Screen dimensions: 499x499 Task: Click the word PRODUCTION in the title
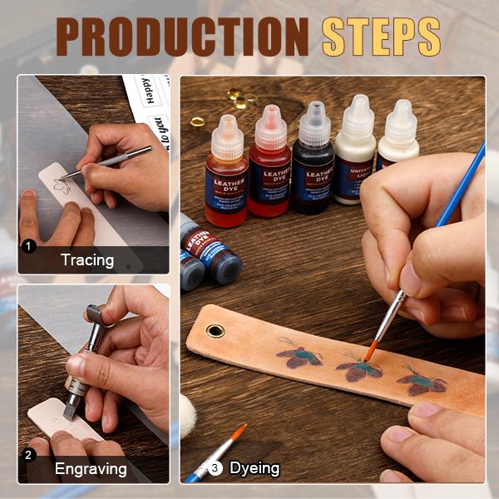[180, 37]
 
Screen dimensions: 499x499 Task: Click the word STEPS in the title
[381, 37]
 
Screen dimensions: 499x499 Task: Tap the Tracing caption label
[86, 259]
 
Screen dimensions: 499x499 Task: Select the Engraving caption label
[91, 468]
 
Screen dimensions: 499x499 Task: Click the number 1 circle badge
[29, 246]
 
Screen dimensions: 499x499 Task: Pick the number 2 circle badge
[29, 455]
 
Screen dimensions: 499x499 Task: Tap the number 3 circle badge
[216, 467]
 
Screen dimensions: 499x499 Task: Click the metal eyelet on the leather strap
[215, 331]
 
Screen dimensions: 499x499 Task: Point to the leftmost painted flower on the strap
[299, 356]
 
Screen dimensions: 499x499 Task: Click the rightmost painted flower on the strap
[422, 381]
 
